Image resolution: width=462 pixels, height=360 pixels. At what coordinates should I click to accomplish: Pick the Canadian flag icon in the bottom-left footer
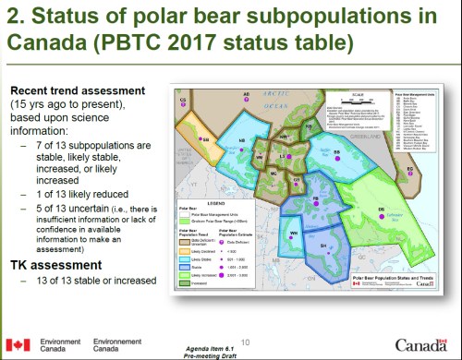pos(18,345)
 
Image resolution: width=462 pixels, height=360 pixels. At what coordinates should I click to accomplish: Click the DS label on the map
pos(381,211)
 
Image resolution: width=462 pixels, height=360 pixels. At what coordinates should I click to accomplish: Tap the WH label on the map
pos(293,234)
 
